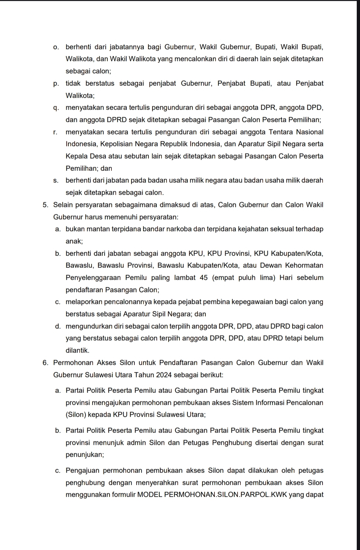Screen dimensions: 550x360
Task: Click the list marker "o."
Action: coord(56,47)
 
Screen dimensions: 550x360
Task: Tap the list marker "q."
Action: coord(56,108)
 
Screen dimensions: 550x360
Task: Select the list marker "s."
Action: coord(56,180)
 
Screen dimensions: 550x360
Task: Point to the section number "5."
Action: coord(45,205)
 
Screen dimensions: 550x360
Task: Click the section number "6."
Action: coord(45,363)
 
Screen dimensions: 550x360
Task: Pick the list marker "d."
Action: coord(58,327)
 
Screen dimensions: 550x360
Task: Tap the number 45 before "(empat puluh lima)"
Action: coord(204,278)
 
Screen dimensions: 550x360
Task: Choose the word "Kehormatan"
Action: coord(304,266)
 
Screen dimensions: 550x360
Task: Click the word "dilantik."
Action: coord(77,350)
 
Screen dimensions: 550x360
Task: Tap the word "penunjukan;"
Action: coord(85,455)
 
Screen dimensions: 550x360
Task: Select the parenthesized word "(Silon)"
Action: coord(76,414)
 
